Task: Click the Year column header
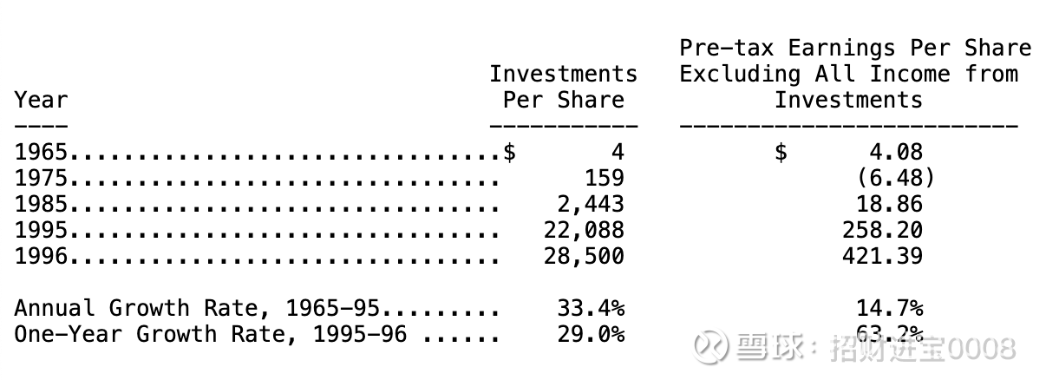(41, 100)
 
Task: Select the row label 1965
(41, 152)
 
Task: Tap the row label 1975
(41, 179)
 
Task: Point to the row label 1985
(41, 205)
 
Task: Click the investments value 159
(605, 179)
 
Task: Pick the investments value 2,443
(591, 205)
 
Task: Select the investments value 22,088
(584, 231)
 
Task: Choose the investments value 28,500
(584, 256)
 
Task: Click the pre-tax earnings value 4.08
(896, 152)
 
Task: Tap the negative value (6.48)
(896, 179)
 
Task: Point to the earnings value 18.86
(890, 205)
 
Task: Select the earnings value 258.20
(883, 231)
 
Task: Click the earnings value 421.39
(883, 256)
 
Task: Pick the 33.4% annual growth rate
(591, 309)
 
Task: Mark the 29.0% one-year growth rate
(591, 335)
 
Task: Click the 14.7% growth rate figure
(890, 309)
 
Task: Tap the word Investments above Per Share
(564, 74)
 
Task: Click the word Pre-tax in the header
(727, 48)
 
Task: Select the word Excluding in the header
(740, 74)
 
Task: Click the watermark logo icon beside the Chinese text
(710, 346)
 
